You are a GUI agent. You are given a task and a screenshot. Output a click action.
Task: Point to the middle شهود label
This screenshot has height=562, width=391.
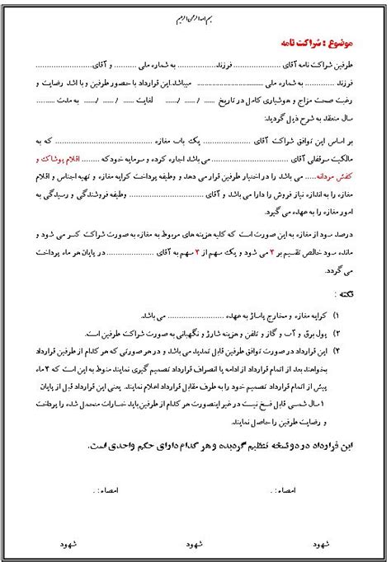tap(193, 545)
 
